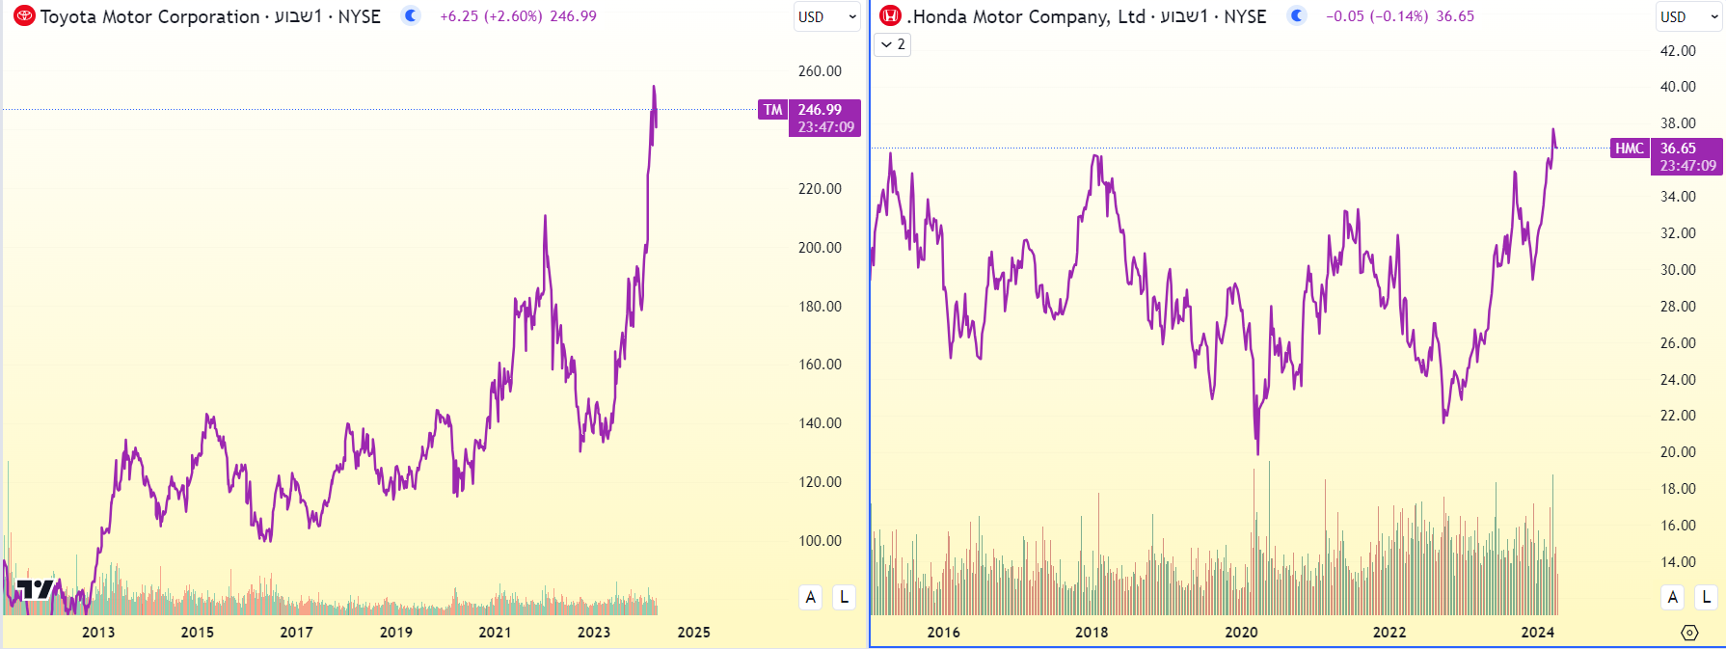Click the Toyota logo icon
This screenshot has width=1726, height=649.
[24, 16]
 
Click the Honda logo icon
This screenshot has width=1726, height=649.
[891, 16]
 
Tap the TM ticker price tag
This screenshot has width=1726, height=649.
[773, 110]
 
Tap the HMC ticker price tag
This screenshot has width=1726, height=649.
[1630, 149]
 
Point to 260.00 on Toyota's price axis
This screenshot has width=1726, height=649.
[820, 71]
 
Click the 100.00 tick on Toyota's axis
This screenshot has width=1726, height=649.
[820, 541]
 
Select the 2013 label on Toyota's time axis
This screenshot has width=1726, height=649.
[98, 633]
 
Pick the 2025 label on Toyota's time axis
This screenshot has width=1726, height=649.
[693, 633]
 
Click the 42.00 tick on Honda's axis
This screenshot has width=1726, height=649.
[1678, 51]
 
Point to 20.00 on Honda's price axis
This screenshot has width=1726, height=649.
[1678, 452]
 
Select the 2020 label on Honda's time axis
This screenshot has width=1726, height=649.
[1241, 633]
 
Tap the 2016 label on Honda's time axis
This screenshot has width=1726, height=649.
[943, 633]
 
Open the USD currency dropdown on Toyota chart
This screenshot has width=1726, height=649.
[826, 17]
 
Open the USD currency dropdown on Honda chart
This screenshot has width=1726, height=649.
[1688, 17]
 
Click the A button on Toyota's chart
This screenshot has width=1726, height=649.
[811, 597]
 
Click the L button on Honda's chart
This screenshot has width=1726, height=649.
[1707, 597]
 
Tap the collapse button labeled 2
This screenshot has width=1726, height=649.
[892, 44]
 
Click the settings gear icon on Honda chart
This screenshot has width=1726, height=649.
[1689, 633]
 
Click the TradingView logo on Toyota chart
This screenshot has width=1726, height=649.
[35, 589]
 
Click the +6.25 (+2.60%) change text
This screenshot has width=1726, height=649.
[491, 16]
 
